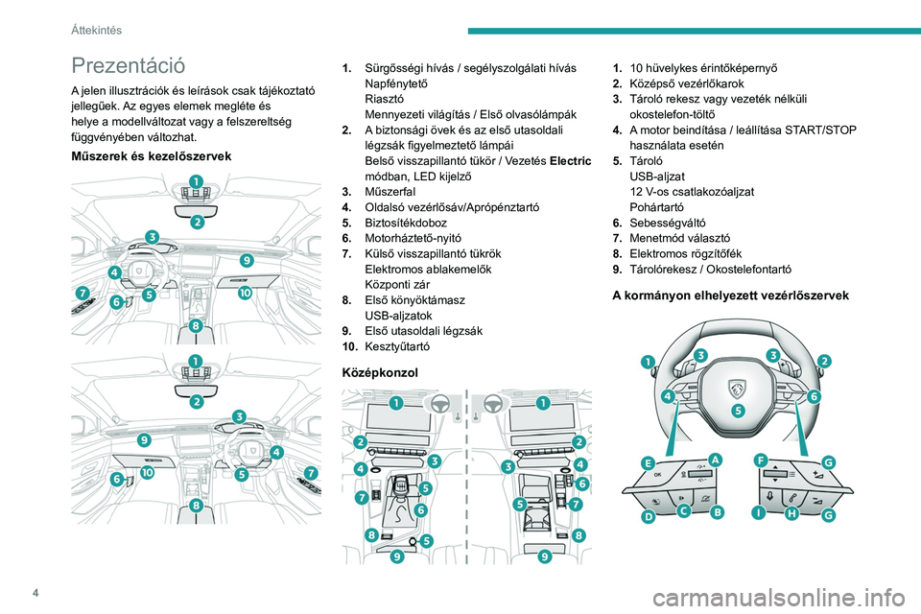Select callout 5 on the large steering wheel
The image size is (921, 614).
click(737, 410)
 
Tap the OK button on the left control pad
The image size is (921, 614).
click(658, 474)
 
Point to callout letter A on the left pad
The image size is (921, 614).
click(715, 460)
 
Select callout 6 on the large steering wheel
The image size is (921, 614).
click(814, 395)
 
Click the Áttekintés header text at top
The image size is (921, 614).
click(96, 30)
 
